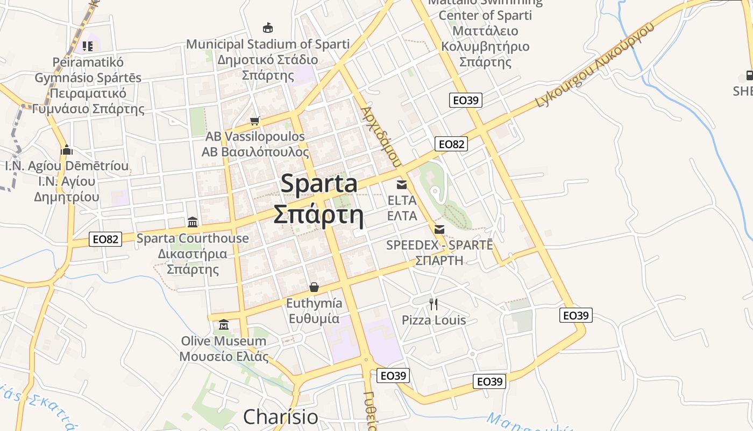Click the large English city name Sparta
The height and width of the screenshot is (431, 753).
(x=319, y=184)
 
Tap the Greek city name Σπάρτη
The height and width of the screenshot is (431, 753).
(x=318, y=215)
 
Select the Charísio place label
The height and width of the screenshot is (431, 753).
(x=280, y=416)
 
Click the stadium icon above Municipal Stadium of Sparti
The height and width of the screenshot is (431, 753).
(x=267, y=27)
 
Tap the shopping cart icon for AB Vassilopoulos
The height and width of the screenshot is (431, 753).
(x=255, y=121)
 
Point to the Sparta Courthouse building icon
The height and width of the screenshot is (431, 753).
(x=192, y=222)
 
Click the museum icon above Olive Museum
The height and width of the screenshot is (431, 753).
(x=224, y=325)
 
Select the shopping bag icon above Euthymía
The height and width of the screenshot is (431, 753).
(x=314, y=287)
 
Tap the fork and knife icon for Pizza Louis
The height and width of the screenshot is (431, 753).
(x=434, y=304)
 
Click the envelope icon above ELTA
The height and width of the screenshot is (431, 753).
(x=402, y=185)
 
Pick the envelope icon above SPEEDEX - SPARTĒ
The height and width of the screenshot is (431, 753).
(x=439, y=229)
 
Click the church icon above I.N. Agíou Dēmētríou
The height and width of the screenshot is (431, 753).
(x=67, y=150)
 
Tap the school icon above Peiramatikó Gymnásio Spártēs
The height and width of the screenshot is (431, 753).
(x=88, y=46)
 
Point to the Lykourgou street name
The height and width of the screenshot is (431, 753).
(x=563, y=87)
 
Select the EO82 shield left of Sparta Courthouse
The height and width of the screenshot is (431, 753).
(x=105, y=239)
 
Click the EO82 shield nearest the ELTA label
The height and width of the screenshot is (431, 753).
(x=451, y=144)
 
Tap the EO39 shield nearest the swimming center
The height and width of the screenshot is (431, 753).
(x=466, y=100)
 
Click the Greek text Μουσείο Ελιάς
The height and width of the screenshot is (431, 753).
(x=223, y=357)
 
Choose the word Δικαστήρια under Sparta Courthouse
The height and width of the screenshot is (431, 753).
(x=193, y=254)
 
